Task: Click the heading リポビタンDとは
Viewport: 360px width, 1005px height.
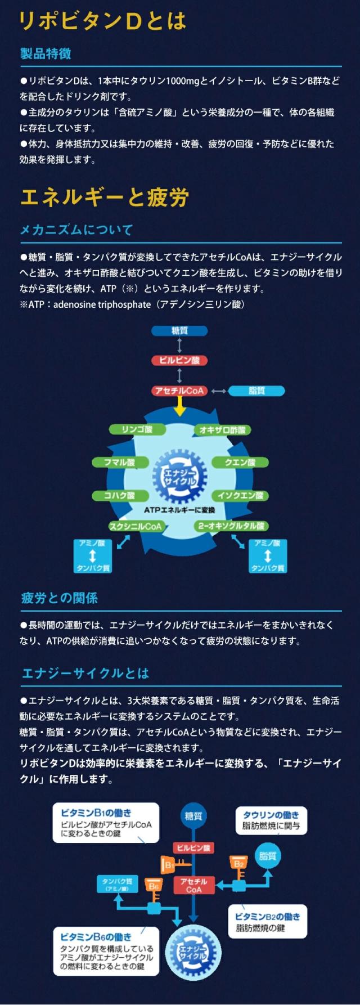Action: point(102,21)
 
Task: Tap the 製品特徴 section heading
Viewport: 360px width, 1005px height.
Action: point(46,54)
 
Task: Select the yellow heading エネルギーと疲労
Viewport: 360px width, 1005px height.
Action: point(104,198)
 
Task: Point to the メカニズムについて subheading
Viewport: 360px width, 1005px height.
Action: point(76,230)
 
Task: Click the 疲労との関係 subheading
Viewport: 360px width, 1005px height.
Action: point(60,598)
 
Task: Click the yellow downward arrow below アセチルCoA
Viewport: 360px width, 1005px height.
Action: point(179,406)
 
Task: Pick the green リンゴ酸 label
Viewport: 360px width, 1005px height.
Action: point(137,430)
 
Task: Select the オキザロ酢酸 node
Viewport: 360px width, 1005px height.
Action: point(223,430)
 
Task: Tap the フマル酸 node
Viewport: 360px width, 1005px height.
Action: point(120,463)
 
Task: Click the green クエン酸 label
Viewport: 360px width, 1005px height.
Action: point(240,463)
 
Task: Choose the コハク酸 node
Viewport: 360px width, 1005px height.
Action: point(120,496)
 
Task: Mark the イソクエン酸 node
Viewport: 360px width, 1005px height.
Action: point(240,496)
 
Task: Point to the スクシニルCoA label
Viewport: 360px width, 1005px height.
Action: point(136,526)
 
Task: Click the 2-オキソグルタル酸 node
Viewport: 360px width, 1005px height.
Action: point(231,526)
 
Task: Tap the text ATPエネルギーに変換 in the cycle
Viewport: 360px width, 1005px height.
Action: point(179,510)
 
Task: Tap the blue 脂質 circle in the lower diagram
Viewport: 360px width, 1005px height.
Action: point(268,856)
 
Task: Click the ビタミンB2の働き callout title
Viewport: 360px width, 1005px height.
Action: point(268,917)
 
